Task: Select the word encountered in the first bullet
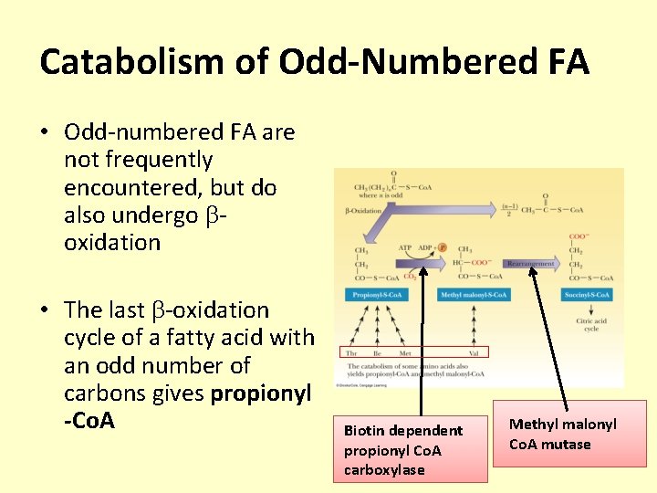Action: tap(133, 187)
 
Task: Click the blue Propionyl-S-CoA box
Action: tap(376, 295)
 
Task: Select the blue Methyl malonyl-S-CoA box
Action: tap(474, 295)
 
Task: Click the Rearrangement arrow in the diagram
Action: tap(530, 263)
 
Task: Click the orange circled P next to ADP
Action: tap(443, 247)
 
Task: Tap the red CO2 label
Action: tap(410, 276)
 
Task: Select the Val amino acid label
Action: tap(474, 351)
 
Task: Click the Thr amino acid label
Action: tap(350, 351)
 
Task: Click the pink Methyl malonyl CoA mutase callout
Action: tap(568, 434)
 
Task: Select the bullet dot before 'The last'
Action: tap(44, 311)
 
